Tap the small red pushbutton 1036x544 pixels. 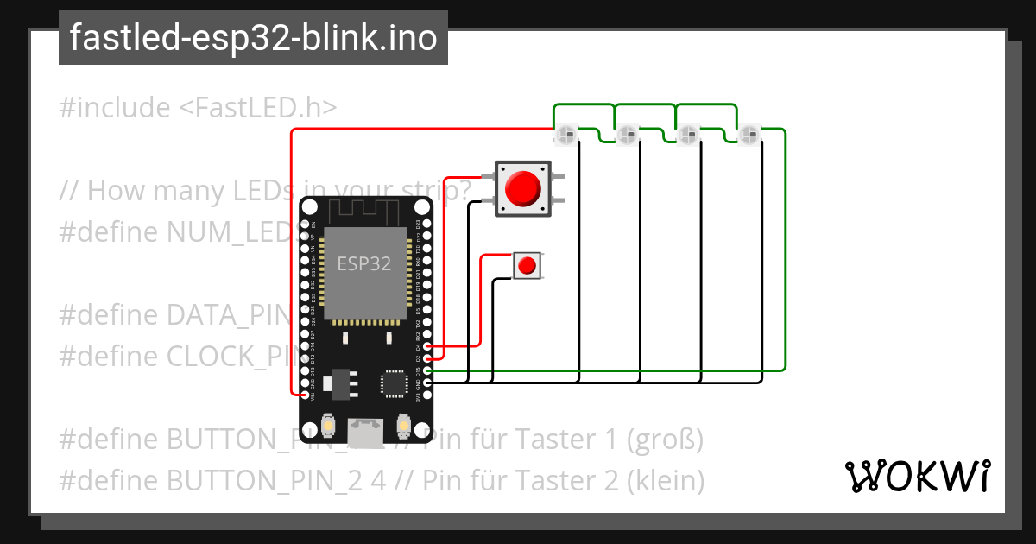[x=527, y=265]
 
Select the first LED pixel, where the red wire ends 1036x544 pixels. [x=566, y=135]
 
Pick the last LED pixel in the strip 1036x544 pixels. [x=749, y=135]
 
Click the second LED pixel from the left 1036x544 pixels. [x=627, y=135]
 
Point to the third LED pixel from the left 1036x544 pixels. [x=688, y=135]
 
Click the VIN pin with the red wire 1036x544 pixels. [x=304, y=395]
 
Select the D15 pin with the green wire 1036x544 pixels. [x=428, y=370]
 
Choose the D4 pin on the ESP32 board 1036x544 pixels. [x=428, y=346]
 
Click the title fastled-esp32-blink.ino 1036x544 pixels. [x=253, y=39]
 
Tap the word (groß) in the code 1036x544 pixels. [x=665, y=440]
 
